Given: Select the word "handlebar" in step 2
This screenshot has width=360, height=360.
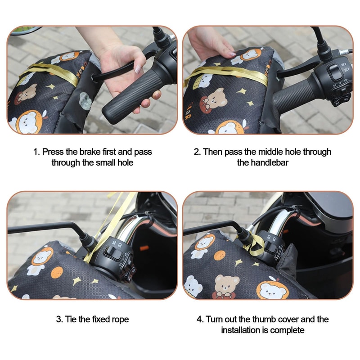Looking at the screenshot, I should click(x=263, y=162).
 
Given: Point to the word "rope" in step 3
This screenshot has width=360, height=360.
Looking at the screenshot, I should click(x=120, y=319).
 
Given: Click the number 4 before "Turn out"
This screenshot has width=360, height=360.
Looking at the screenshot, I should click(x=199, y=319).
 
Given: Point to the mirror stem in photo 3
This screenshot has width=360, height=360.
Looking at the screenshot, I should click(x=45, y=227).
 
